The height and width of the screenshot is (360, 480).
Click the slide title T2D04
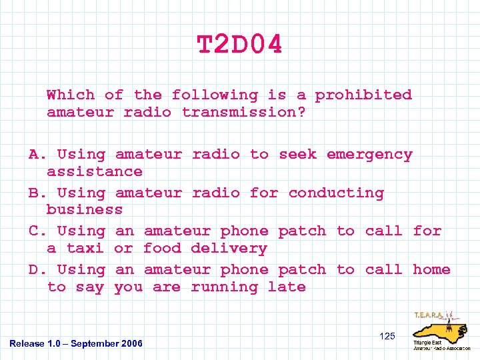tap(239, 45)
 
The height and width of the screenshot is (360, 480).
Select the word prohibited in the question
tap(363, 95)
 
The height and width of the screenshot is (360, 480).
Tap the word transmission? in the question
tap(244, 113)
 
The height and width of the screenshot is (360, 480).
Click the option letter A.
tap(34, 155)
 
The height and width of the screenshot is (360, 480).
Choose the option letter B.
tap(34, 193)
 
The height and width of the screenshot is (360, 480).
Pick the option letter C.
tap(34, 231)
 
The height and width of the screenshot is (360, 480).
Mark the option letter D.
tap(34, 270)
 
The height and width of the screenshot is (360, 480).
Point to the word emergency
tap(369, 155)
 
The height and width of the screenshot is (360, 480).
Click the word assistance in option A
tap(95, 172)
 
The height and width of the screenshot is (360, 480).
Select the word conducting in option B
tap(336, 193)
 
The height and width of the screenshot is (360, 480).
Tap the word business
tap(85, 210)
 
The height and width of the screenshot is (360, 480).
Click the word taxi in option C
tap(85, 249)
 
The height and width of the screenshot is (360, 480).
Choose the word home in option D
tap(431, 270)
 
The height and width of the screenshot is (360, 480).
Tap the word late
tap(287, 287)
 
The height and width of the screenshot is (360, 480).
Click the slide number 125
tap(387, 336)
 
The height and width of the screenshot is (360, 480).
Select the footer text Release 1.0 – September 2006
tap(76, 343)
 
